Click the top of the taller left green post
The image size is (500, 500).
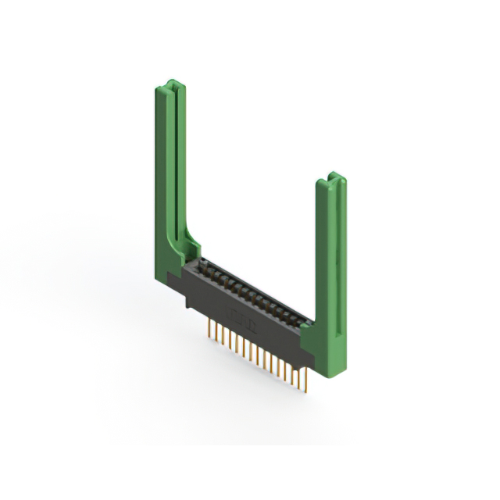[171, 84]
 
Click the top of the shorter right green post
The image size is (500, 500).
[331, 180]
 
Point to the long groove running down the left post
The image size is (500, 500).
[177, 156]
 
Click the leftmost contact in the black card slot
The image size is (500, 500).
[202, 266]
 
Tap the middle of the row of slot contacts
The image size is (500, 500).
[250, 291]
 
